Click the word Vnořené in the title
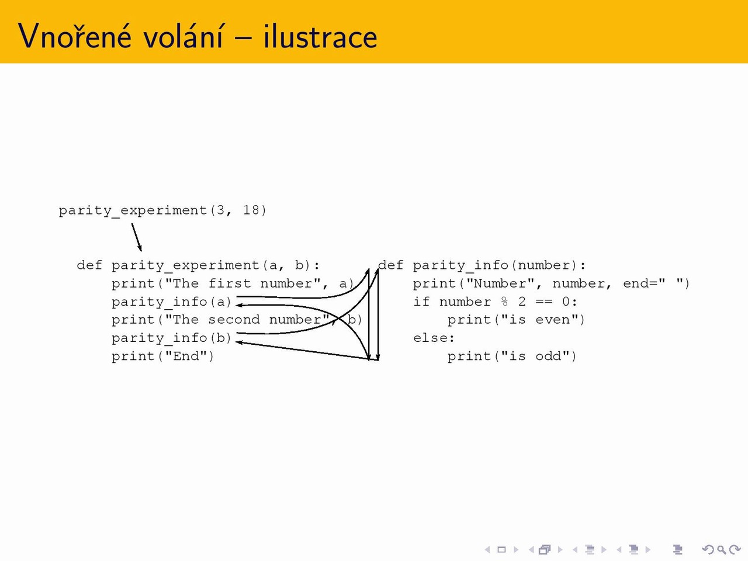click(75, 36)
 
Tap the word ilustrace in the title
click(320, 36)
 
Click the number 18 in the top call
click(251, 210)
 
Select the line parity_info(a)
click(172, 302)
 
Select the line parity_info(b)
click(172, 338)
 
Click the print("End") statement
click(163, 356)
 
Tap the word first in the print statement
click(230, 283)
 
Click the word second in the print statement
click(234, 320)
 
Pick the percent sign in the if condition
click(504, 302)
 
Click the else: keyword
click(434, 338)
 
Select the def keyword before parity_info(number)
click(390, 265)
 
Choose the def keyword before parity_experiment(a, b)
click(89, 265)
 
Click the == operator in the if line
click(543, 302)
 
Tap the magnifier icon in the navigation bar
click(722, 550)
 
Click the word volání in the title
click(183, 36)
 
